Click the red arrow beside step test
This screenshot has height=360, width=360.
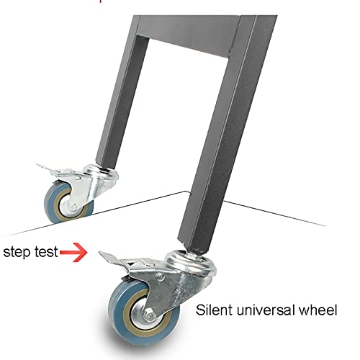click(73, 252)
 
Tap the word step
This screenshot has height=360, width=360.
click(17, 252)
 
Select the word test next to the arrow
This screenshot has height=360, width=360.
click(46, 252)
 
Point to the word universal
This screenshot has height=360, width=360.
click(266, 310)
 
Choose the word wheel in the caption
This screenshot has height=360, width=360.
click(318, 310)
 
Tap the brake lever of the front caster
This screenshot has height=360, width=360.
click(112, 258)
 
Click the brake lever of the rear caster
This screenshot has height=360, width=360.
click(47, 168)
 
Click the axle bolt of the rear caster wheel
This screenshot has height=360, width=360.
click(73, 207)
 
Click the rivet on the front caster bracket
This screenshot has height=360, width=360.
click(160, 277)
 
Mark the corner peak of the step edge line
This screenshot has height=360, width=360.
click(185, 192)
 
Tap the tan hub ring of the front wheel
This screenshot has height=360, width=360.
click(128, 310)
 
